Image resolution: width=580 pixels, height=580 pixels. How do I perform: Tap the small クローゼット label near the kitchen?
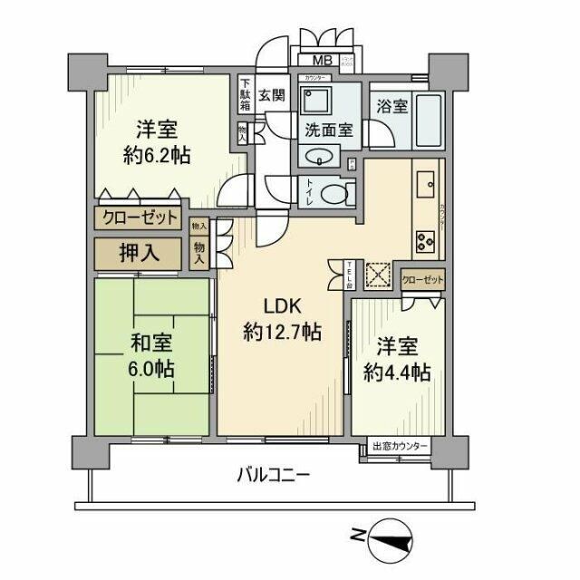click(x=421, y=280)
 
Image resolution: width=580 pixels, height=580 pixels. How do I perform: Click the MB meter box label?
click(x=321, y=62)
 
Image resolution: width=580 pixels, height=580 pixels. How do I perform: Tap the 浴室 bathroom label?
click(x=391, y=106)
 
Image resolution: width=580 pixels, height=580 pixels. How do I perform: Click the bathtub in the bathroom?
click(x=426, y=120)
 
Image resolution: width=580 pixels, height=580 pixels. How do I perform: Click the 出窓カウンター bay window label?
click(x=400, y=448)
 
